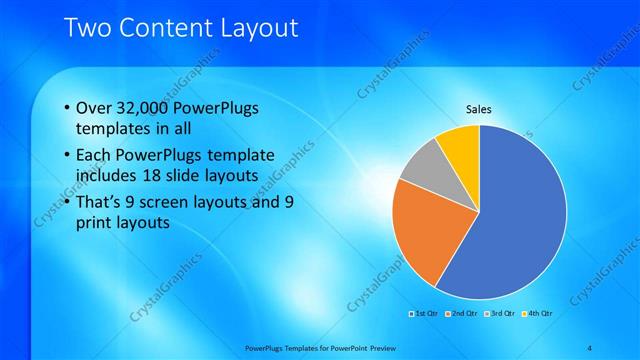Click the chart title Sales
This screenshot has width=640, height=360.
479,109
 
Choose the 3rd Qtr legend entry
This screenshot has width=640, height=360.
499,313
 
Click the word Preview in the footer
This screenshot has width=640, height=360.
394,348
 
